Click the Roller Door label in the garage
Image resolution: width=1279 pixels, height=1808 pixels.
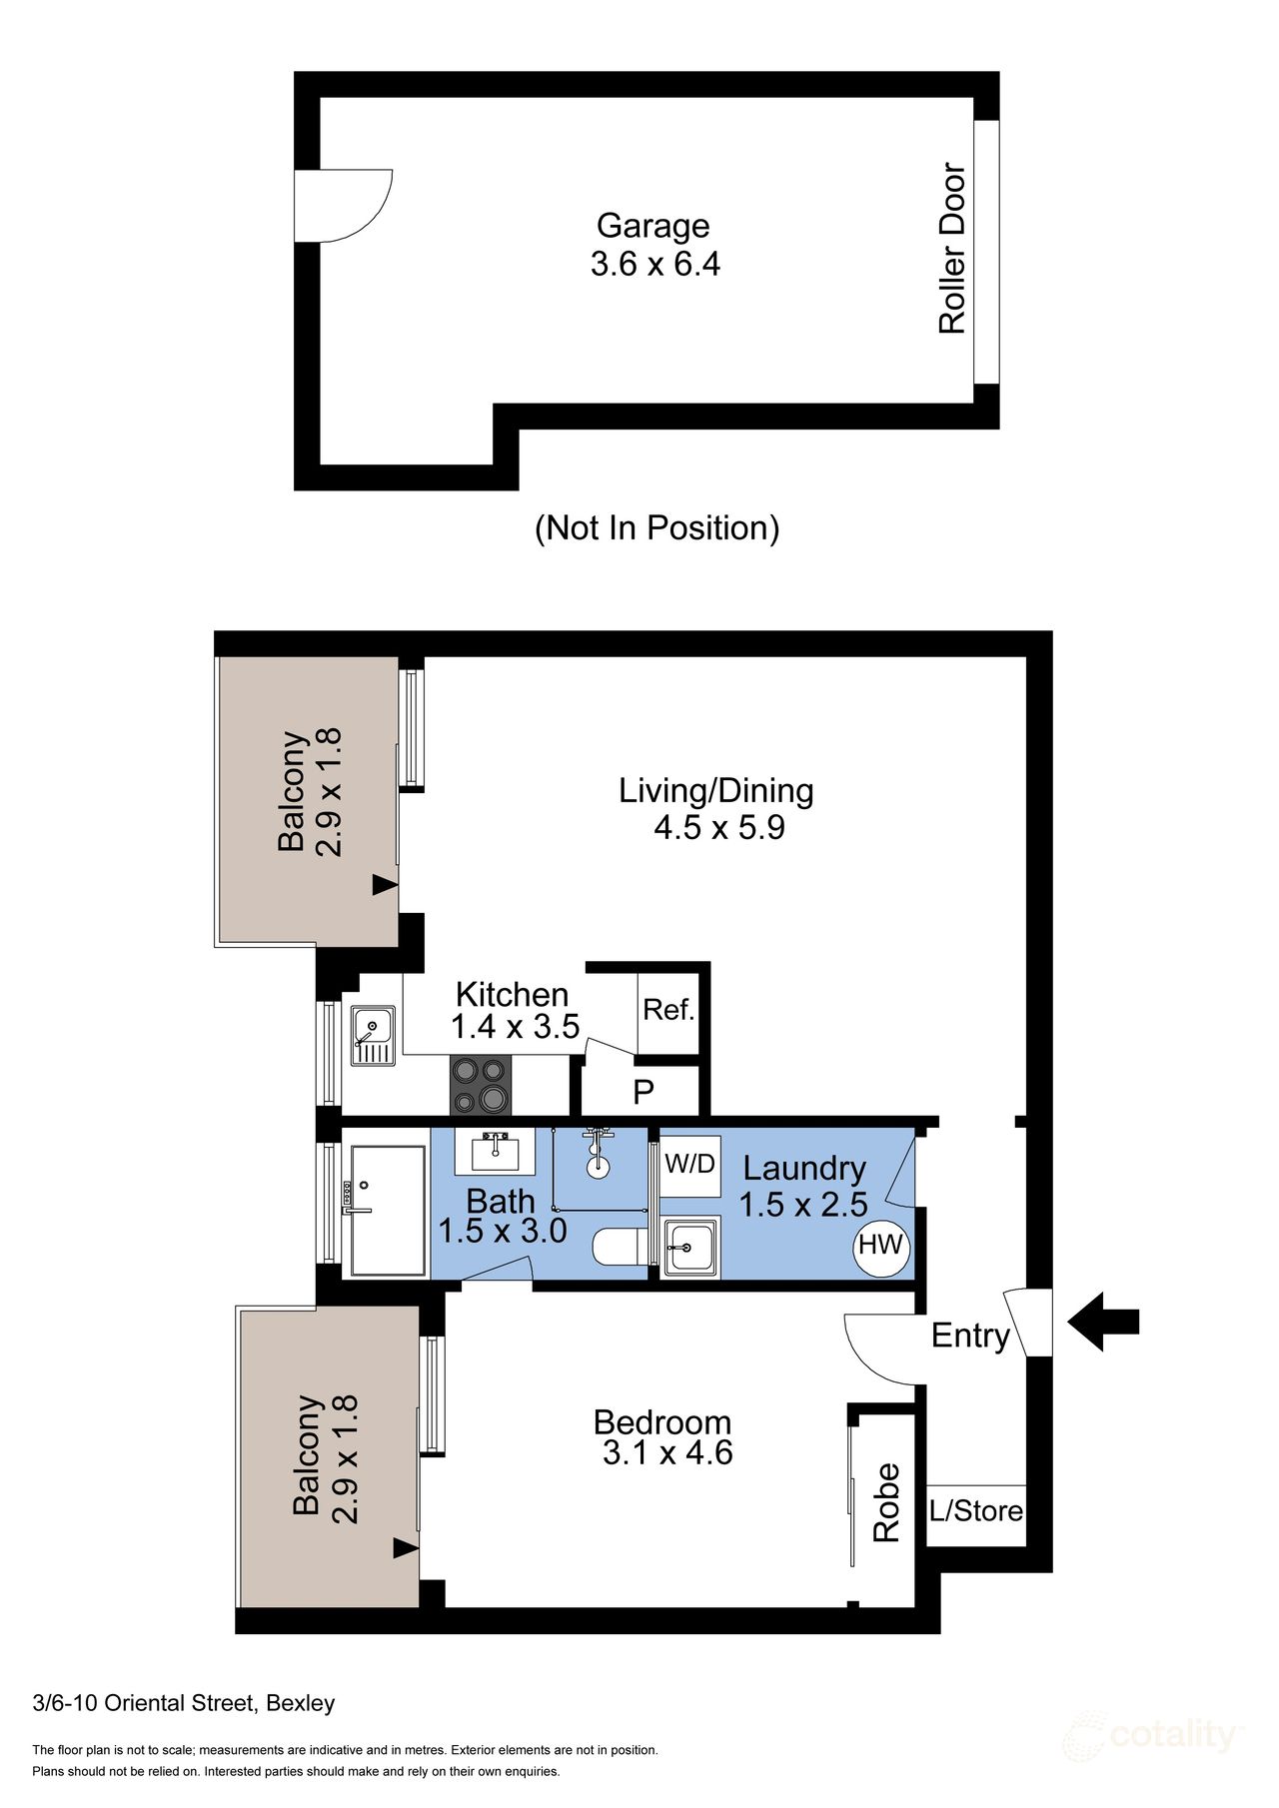click(x=952, y=249)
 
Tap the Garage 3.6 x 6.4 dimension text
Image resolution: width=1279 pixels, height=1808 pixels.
click(x=654, y=265)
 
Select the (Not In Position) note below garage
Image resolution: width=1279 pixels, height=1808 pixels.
click(x=656, y=527)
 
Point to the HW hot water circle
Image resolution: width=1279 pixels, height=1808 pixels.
click(x=880, y=1246)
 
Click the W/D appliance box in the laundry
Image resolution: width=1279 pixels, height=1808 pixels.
click(x=690, y=1165)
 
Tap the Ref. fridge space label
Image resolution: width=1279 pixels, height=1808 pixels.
click(x=668, y=1010)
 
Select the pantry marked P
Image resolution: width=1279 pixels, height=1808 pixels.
click(x=643, y=1092)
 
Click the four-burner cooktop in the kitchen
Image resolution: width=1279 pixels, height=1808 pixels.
click(x=481, y=1085)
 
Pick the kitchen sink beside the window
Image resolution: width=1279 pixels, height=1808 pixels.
click(x=373, y=1037)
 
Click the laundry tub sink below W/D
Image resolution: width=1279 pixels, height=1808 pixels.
click(x=690, y=1247)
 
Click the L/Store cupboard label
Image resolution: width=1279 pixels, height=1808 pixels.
click(x=976, y=1511)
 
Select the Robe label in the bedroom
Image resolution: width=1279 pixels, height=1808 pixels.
click(x=886, y=1503)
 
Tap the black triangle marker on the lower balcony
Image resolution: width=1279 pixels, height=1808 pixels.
click(x=405, y=1548)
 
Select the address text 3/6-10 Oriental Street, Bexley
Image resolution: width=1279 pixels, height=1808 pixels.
click(x=184, y=1703)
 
